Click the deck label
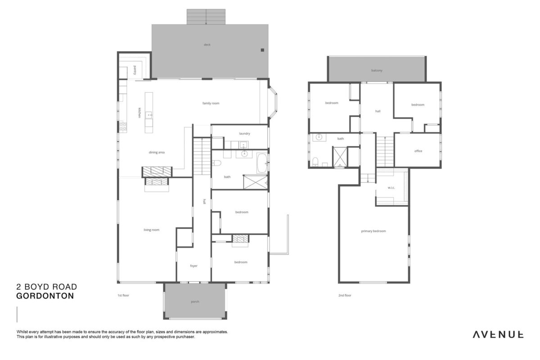pos(207,45)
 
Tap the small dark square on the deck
pos(262,50)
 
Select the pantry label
pos(135,70)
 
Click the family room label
pos(211,103)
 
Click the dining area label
pos(157,153)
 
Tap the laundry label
pos(244,134)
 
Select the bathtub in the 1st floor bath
pos(262,163)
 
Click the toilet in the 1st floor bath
pos(216,163)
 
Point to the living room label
pos(151,230)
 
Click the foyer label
pos(193,266)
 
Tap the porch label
pos(195,301)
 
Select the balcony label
pos(377,71)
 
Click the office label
pos(418,151)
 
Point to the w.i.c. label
pos(391,188)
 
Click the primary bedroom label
pos(373,231)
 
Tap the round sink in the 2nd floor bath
pos(319,137)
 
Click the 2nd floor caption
pos(345,295)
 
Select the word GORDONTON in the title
pos(45,296)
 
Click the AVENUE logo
pos(498,335)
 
